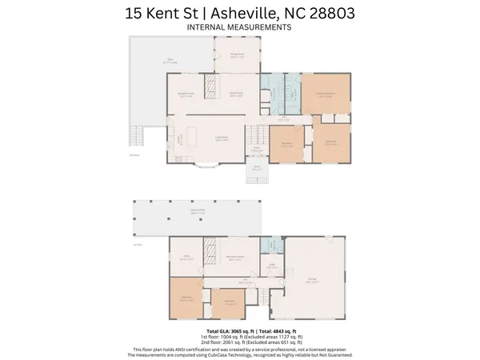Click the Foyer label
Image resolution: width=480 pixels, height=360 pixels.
[258, 148]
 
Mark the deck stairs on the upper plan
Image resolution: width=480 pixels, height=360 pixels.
[138, 137]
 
